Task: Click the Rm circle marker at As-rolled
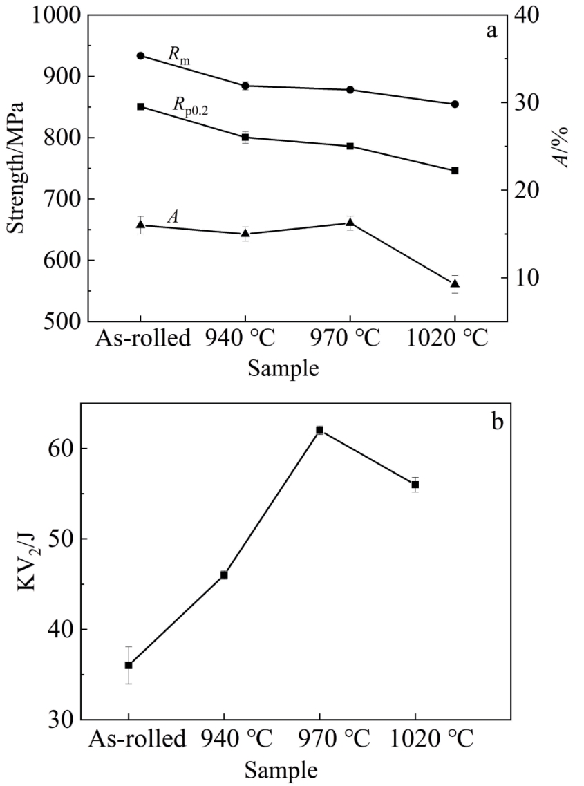coord(140,56)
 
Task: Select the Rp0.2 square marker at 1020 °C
coord(455,171)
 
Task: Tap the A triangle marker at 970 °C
coord(350,223)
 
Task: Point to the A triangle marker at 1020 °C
coord(455,283)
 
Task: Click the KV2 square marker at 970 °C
coord(320,430)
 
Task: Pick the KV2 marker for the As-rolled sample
coord(129,665)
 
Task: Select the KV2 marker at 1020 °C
coord(415,485)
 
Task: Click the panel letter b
coord(497,420)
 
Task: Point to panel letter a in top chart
coord(491,31)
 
